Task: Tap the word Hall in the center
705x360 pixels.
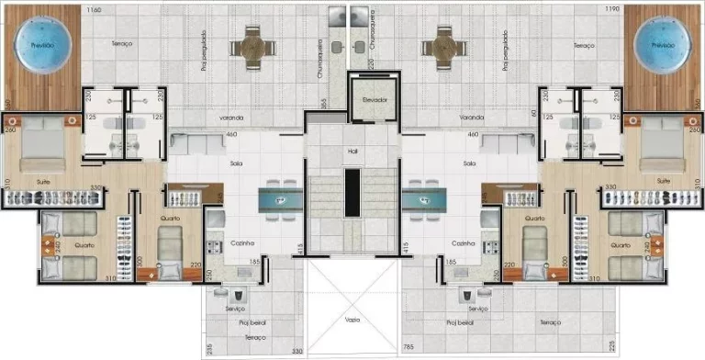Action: click(x=352, y=150)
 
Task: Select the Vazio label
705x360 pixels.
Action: click(x=352, y=320)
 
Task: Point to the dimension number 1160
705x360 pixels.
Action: click(x=93, y=9)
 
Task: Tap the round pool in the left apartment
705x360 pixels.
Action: click(x=40, y=44)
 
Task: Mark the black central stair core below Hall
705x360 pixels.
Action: click(x=352, y=193)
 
